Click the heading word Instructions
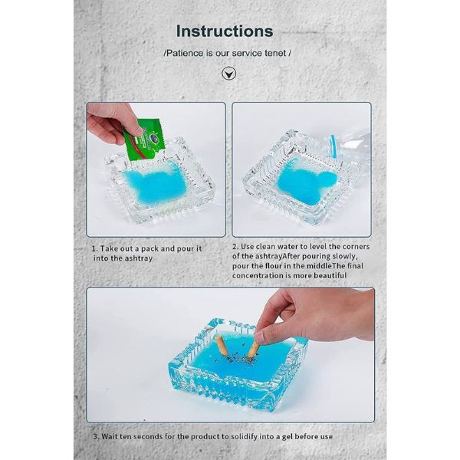[x=225, y=31]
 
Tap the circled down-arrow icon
[x=228, y=74]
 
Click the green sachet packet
[x=144, y=140]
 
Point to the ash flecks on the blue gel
[x=239, y=357]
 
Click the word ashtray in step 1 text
[x=139, y=258]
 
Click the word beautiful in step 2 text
[x=330, y=275]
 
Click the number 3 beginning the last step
[x=96, y=436]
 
